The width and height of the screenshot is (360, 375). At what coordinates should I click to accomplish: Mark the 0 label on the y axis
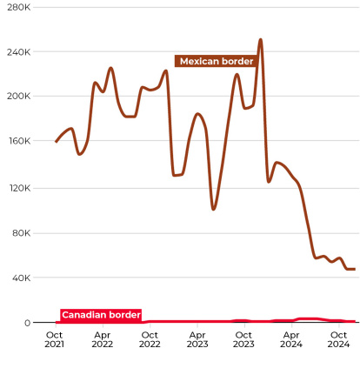[x=27, y=323]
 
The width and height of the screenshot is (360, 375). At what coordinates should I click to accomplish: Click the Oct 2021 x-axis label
[x=54, y=338]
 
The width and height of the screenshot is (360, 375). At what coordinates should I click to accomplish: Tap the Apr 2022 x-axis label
[x=102, y=338]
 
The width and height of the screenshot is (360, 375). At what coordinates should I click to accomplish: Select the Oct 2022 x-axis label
[x=150, y=338]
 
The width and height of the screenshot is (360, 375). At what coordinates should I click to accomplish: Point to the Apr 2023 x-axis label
[x=197, y=338]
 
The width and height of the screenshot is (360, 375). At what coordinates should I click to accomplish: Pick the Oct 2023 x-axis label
[x=244, y=338]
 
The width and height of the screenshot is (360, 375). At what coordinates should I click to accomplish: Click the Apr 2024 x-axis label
[x=292, y=338]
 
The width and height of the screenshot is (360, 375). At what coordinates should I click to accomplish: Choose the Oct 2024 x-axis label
[x=338, y=338]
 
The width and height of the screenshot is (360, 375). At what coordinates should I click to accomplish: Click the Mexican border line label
[x=216, y=61]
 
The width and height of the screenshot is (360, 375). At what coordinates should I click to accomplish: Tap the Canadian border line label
[x=101, y=314]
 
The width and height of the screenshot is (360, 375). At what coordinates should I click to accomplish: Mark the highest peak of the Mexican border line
[x=260, y=39]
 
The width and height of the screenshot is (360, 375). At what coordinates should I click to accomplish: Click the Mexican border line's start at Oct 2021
[x=57, y=141]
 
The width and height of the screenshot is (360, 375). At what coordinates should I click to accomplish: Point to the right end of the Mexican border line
[x=354, y=269]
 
